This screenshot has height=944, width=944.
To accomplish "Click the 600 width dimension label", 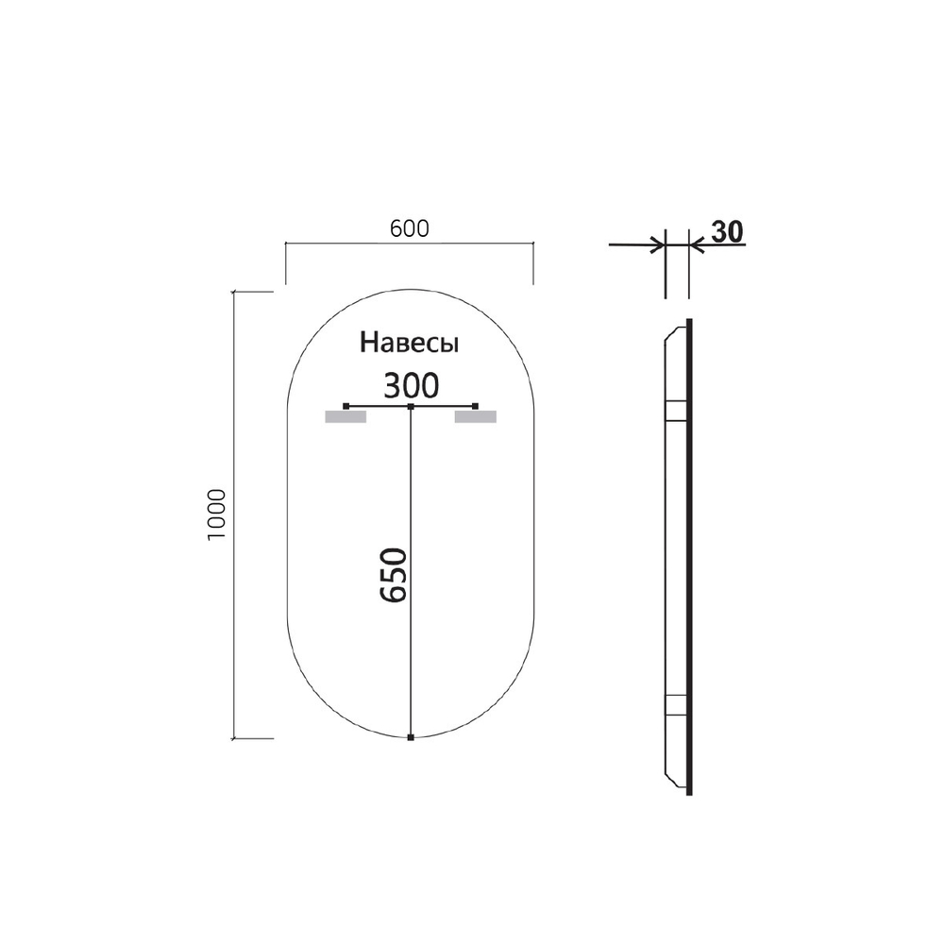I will click(x=409, y=228).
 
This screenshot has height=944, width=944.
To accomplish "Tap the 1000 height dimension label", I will click(x=216, y=515).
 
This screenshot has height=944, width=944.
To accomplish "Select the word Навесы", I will click(x=411, y=344).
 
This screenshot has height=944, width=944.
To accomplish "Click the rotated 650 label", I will click(x=392, y=574).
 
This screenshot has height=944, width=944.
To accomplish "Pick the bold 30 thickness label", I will click(x=726, y=231).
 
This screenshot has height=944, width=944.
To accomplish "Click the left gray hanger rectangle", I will click(x=345, y=416).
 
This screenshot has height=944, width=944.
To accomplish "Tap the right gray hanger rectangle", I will click(x=475, y=416).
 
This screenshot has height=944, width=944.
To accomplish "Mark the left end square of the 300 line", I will click(x=346, y=406).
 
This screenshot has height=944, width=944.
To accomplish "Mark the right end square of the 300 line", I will click(x=476, y=406).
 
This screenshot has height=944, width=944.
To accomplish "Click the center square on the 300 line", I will click(x=411, y=406).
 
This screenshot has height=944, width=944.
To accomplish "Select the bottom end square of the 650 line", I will click(x=411, y=737).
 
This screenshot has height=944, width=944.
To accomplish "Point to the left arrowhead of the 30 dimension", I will click(x=658, y=245).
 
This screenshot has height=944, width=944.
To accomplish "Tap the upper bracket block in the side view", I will click(x=676, y=410).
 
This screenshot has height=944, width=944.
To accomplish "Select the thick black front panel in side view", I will click(x=689, y=557).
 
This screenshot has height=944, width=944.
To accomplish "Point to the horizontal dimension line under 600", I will click(x=409, y=244).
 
